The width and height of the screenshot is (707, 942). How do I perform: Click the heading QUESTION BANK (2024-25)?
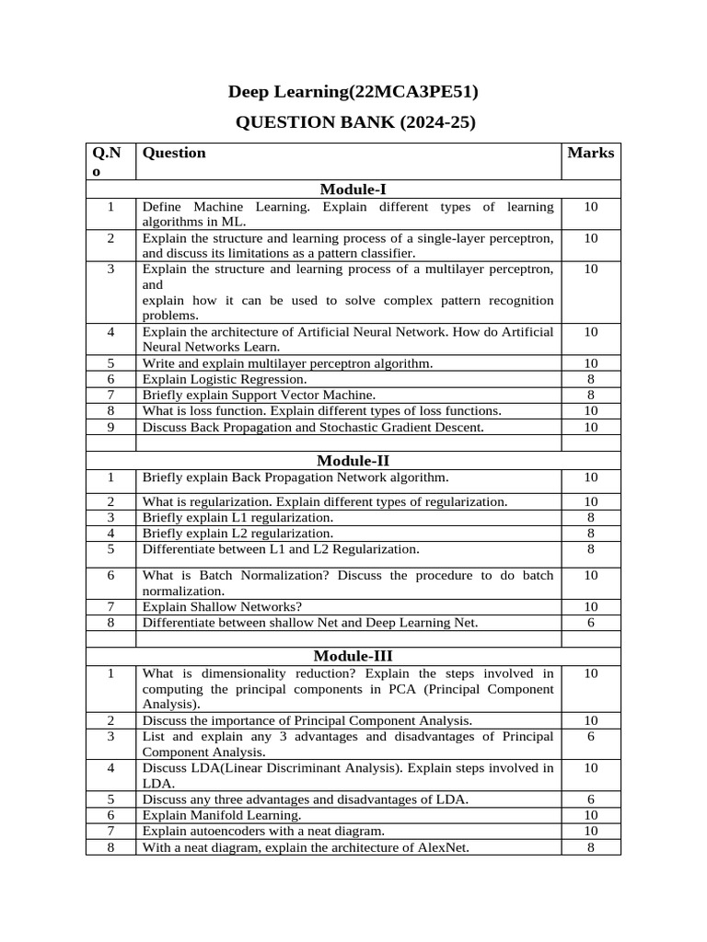tap(355, 122)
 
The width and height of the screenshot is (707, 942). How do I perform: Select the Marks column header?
tap(590, 153)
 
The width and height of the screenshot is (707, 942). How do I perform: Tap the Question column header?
tap(174, 153)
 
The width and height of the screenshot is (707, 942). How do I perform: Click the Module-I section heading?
tap(353, 190)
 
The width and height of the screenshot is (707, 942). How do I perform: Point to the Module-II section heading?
tap(353, 460)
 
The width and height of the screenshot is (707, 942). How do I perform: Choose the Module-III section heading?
tap(353, 656)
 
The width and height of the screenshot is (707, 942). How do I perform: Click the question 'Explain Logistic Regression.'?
tap(225, 379)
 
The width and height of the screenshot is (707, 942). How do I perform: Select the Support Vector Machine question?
tap(246, 395)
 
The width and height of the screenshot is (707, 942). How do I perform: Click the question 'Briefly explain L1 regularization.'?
tap(238, 518)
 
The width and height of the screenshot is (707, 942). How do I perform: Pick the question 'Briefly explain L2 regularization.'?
tap(238, 534)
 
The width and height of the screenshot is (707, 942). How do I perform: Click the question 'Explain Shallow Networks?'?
tap(222, 606)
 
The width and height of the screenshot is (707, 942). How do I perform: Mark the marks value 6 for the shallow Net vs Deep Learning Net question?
tap(590, 623)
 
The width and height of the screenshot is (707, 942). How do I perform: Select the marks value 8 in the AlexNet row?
tap(590, 847)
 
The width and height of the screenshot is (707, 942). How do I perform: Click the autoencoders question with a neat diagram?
tap(263, 831)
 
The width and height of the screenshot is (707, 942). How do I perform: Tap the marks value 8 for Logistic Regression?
tap(590, 379)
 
